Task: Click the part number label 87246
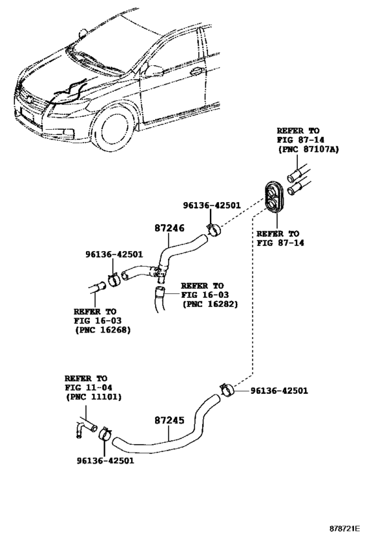[169, 228]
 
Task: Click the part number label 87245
[169, 421]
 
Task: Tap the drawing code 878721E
[344, 528]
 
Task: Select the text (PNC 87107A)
[308, 149]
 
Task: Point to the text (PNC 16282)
[210, 304]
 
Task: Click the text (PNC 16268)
[102, 330]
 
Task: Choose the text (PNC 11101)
[93, 397]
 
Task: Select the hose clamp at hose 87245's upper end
[227, 389]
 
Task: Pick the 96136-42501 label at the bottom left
[105, 461]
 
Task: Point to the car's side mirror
[154, 70]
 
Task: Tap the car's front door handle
[196, 71]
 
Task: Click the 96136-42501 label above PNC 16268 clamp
[114, 254]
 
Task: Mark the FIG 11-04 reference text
[88, 388]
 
